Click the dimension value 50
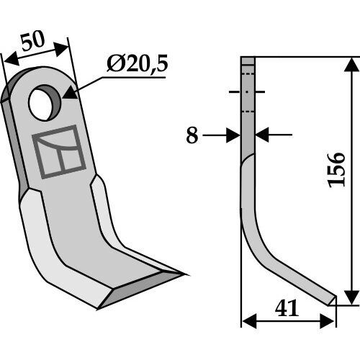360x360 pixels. coord(33,41)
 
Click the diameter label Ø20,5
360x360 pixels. coord(137,64)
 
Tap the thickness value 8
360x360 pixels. coord(192,135)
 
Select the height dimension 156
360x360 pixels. coord(337,170)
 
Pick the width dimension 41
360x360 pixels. coord(287,308)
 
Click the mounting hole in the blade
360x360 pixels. coord(45,102)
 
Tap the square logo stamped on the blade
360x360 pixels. coord(59,152)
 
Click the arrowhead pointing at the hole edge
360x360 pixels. coord(70,94)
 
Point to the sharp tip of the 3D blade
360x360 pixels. coord(185,274)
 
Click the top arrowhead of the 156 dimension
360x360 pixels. coord(352,64)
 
